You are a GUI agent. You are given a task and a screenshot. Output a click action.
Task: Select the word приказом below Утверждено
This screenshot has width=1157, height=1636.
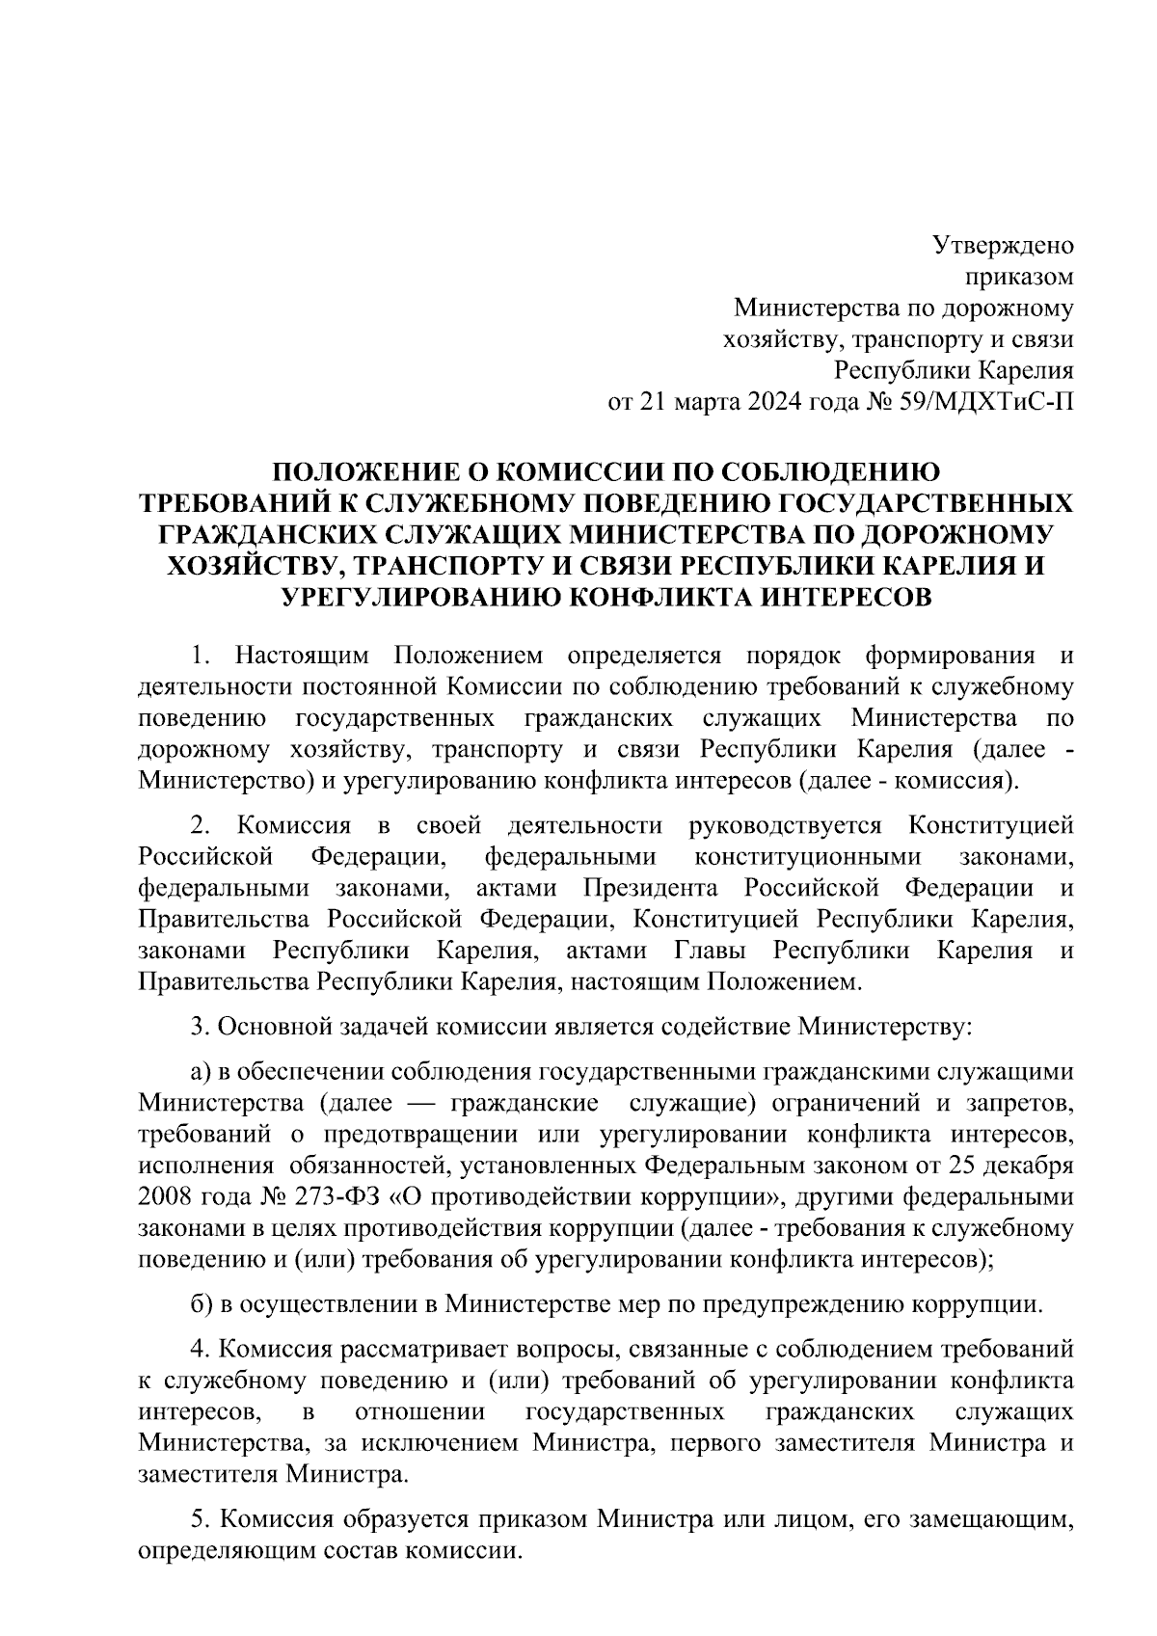click(1020, 278)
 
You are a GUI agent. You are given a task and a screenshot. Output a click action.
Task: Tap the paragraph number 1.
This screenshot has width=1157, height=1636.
click(200, 657)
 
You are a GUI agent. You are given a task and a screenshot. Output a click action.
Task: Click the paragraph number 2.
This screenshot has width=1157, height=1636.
click(200, 826)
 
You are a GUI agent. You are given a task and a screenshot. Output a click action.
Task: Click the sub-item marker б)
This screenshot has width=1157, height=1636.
click(201, 1305)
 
